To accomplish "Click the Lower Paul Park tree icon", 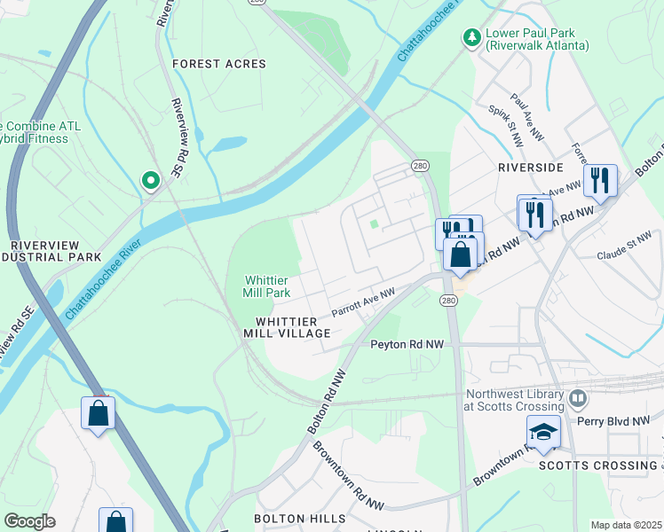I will tap(470, 37).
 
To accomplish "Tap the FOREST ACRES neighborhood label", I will tap(218, 64).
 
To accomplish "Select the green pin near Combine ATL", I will tap(151, 181).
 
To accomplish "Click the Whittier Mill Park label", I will tap(268, 286).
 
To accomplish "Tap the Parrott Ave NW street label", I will tap(363, 302).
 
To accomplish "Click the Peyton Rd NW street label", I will tap(407, 343).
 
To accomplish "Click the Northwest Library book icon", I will tap(579, 398).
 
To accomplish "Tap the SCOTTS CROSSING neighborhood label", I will tap(597, 465).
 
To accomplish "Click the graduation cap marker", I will tap(543, 432).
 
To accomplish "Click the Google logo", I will tap(29, 521).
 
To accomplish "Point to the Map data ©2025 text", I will tap(626, 525).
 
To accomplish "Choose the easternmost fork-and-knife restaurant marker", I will tap(601, 180).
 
